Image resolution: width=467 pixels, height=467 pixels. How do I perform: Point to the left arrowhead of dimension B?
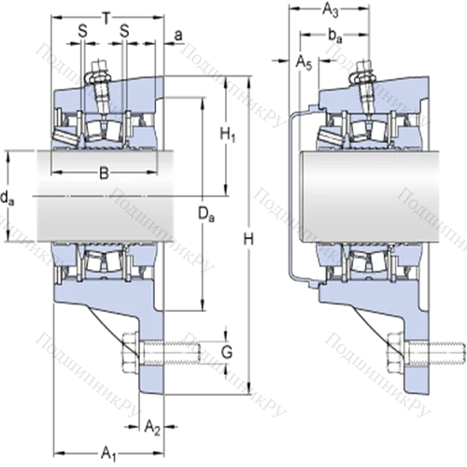(x=54, y=173)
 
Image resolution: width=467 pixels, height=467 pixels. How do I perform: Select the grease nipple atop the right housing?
(x=363, y=72)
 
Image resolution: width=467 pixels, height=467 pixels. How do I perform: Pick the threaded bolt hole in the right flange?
(x=417, y=353)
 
